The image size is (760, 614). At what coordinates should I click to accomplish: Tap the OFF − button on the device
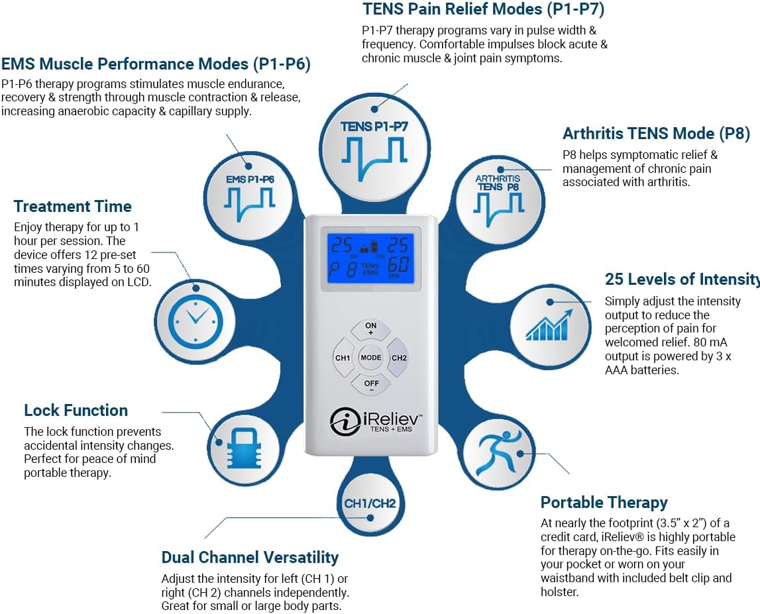[370, 385]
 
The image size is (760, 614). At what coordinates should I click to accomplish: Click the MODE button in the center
[371, 358]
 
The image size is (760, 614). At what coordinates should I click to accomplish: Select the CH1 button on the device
[342, 358]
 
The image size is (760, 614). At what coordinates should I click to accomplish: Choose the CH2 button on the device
[399, 358]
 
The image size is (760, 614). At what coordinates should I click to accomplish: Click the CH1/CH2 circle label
[370, 503]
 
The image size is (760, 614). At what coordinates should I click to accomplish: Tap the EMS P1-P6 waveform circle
[250, 193]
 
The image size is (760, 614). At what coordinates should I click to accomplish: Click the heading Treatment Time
[72, 206]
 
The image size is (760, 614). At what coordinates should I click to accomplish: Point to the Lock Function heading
[76, 410]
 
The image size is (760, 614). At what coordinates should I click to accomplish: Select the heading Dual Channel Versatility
[250, 557]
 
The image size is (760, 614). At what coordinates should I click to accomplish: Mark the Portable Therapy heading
[604, 502]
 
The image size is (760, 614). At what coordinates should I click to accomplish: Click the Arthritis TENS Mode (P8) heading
[656, 133]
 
